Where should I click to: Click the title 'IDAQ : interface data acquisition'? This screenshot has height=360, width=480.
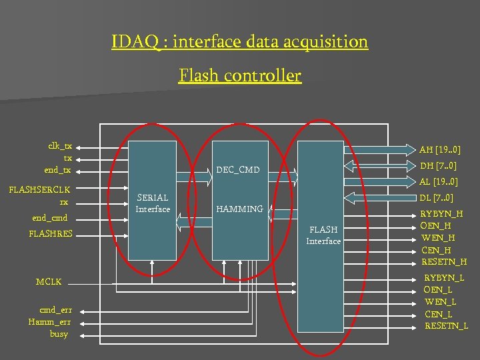coord(240,42)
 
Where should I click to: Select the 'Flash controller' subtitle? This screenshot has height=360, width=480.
coord(240,76)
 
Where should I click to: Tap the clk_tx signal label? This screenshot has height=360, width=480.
coord(60,146)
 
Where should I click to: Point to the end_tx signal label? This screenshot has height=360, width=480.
coord(58,170)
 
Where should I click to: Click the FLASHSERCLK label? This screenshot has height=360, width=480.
coord(39,190)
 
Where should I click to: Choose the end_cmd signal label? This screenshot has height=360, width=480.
coord(50,217)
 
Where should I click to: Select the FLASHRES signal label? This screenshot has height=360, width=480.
coord(51,233)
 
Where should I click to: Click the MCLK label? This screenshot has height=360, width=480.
coord(49,282)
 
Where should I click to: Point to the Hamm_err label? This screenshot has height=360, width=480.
coord(50,322)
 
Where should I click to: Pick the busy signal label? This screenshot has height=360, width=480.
coord(59,333)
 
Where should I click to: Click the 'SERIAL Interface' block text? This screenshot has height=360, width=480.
coord(153,203)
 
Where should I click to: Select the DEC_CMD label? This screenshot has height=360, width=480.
coord(238,169)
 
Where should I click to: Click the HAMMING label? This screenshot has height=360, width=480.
coord(240,209)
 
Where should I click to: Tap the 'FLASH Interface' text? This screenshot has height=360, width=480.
coord(323,235)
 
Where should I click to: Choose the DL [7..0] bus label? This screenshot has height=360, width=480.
coord(437,197)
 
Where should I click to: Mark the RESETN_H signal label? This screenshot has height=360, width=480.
coord(444,261)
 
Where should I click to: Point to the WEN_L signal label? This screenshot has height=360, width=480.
coord(440,302)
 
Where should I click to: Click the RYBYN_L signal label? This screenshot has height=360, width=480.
coord(444,277)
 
